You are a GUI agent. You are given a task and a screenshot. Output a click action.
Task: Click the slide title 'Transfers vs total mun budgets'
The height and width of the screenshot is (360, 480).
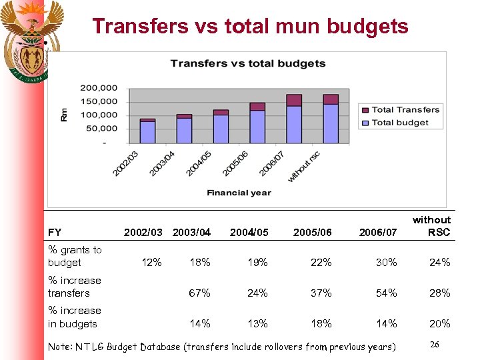click(x=250, y=26)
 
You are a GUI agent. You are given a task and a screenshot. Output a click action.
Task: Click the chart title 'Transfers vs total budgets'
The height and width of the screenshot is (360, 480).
click(x=248, y=63)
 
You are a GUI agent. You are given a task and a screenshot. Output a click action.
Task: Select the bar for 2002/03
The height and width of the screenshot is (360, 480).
click(x=148, y=131)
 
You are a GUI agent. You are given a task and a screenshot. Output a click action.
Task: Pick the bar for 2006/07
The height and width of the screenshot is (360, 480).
click(x=294, y=120)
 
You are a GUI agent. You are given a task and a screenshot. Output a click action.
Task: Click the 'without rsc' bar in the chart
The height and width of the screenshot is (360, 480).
click(x=331, y=120)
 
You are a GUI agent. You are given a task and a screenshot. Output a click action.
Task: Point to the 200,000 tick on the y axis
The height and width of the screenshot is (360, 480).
click(x=99, y=87)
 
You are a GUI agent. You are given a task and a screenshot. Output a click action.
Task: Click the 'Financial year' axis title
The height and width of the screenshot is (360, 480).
click(x=239, y=193)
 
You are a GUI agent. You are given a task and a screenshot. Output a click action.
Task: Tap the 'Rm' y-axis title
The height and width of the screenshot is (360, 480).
click(x=64, y=115)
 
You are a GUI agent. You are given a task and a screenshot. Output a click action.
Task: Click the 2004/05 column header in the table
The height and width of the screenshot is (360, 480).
click(x=249, y=233)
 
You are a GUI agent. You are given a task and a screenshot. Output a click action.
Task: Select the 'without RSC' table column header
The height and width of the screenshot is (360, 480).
click(x=431, y=226)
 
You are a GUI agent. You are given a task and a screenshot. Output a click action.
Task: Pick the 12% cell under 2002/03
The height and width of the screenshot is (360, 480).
click(x=152, y=263)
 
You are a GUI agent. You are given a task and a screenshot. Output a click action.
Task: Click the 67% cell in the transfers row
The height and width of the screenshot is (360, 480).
click(x=200, y=293)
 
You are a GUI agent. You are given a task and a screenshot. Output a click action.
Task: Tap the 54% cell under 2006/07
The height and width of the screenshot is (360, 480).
click(x=386, y=293)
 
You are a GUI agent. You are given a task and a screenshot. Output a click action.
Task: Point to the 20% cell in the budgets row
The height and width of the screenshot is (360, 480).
click(x=439, y=324)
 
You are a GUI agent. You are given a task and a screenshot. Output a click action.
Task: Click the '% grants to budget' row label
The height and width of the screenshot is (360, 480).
click(x=75, y=256)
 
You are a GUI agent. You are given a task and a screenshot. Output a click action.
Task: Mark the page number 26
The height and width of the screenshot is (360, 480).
click(x=435, y=345)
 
